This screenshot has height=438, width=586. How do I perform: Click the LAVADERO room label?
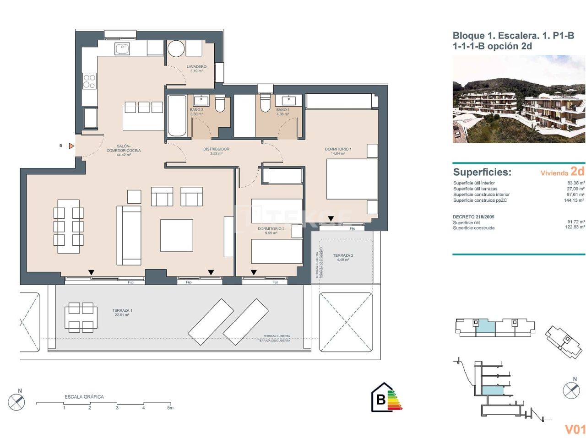[x=196, y=67]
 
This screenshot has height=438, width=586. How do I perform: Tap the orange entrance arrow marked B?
[x=71, y=146]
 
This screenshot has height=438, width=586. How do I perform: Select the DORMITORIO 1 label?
[x=338, y=149]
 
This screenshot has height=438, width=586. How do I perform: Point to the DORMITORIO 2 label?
[x=271, y=229]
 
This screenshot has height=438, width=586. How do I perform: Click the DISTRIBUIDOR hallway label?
[x=216, y=149]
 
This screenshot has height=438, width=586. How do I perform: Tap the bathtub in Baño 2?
[x=177, y=115]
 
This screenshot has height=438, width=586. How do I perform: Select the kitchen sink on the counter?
[x=122, y=48]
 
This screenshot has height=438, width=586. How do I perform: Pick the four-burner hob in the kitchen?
[x=89, y=81]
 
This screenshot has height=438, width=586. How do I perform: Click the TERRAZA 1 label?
[x=122, y=311]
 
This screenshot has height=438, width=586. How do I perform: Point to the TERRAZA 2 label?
[x=343, y=256]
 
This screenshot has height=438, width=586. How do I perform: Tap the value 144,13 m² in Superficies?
[x=574, y=200]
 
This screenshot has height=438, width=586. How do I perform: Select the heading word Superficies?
[x=482, y=173]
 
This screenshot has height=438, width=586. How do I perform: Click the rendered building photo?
[x=519, y=99]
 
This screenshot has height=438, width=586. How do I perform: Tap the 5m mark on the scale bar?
[x=170, y=407]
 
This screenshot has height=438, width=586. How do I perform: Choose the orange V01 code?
[x=575, y=429]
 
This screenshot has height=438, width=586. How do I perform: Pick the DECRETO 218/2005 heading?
[x=473, y=217]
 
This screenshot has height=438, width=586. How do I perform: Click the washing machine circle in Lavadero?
[x=176, y=48]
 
